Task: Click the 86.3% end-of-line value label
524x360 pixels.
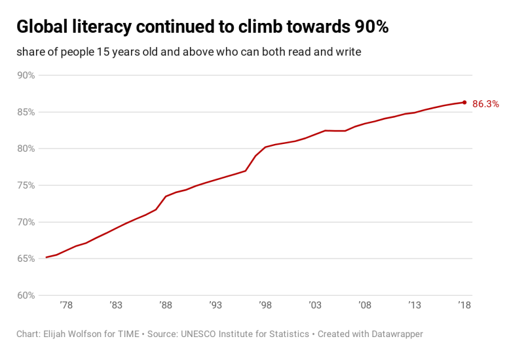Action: [x=485, y=103]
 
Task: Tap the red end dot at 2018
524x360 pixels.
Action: [x=464, y=102]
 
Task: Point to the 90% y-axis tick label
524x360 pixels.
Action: [x=26, y=75]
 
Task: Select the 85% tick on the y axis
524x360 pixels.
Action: [x=26, y=112]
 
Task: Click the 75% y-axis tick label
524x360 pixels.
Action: [x=26, y=185]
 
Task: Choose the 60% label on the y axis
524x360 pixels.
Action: [x=26, y=295]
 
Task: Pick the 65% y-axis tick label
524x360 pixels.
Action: [x=26, y=259]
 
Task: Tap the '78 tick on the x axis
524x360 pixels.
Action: [x=65, y=306]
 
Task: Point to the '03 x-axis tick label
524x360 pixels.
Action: [x=315, y=306]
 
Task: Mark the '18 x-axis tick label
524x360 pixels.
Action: [x=464, y=306]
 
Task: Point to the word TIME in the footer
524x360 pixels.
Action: [x=127, y=334]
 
